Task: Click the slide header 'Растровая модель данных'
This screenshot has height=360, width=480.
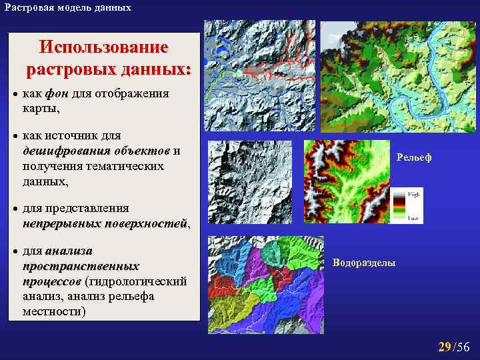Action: [67, 7]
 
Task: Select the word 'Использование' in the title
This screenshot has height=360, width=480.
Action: [103, 48]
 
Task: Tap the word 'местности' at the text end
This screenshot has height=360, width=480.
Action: [51, 311]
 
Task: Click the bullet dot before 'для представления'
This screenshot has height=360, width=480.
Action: [17, 208]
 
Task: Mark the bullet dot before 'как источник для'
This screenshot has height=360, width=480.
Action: [17, 136]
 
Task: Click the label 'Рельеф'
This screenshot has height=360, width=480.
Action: [413, 157]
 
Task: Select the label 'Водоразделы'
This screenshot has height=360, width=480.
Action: [363, 263]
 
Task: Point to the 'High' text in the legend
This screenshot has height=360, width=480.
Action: [413, 193]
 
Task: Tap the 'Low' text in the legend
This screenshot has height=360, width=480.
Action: [413, 218]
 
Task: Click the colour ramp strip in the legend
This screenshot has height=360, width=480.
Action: [398, 205]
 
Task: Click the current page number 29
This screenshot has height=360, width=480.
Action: [444, 346]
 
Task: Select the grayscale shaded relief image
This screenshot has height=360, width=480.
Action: [250, 181]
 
